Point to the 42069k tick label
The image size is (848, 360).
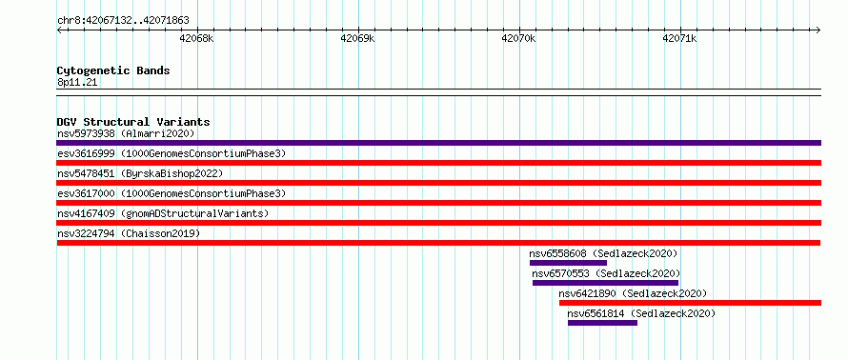pyautogui.click(x=358, y=39)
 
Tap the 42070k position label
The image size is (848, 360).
pyautogui.click(x=518, y=39)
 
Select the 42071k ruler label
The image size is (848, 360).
pyautogui.click(x=679, y=39)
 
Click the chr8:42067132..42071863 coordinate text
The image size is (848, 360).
pyautogui.click(x=123, y=21)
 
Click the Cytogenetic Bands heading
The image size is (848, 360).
pyautogui.click(x=113, y=70)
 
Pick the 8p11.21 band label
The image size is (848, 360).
pyautogui.click(x=77, y=83)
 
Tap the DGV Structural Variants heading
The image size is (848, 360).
pyautogui.click(x=133, y=122)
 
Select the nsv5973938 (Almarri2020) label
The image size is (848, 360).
pyautogui.click(x=126, y=133)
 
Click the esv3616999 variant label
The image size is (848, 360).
pyautogui.click(x=86, y=153)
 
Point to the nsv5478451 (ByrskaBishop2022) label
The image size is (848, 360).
pyautogui.click(x=140, y=173)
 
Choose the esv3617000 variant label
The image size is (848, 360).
pyautogui.click(x=86, y=193)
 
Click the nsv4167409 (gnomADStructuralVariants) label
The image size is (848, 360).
pyautogui.click(x=163, y=213)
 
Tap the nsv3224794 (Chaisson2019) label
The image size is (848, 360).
pyautogui.click(x=129, y=233)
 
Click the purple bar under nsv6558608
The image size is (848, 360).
pyautogui.click(x=569, y=263)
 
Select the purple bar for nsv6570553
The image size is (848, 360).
pyautogui.click(x=605, y=283)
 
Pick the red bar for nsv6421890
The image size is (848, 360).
pyautogui.click(x=690, y=303)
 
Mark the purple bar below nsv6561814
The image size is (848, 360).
pyautogui.click(x=602, y=323)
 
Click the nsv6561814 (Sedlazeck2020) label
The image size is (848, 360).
pyautogui.click(x=641, y=313)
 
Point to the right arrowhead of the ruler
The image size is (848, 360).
pyautogui.click(x=818, y=30)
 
